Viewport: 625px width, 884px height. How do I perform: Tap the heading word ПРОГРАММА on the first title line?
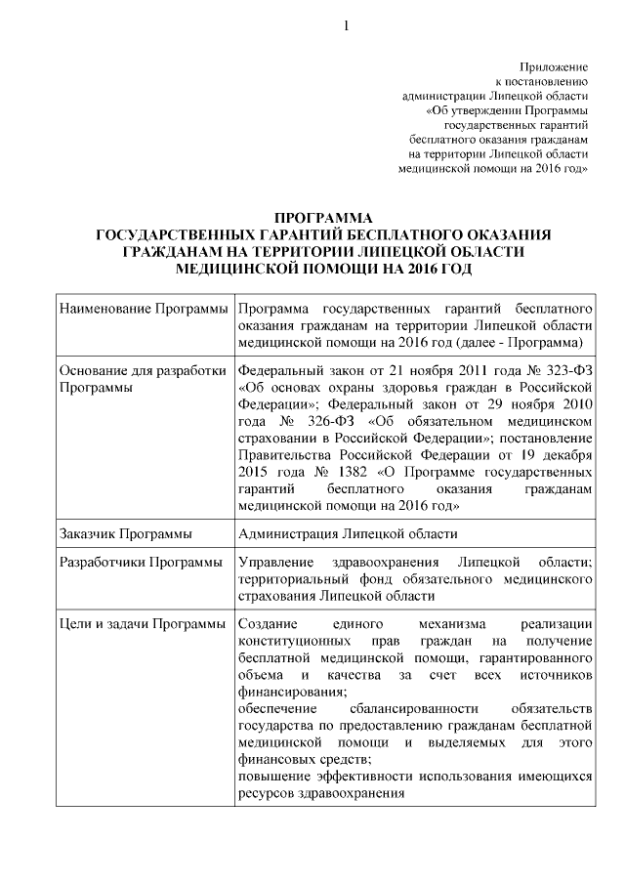pyautogui.click(x=323, y=219)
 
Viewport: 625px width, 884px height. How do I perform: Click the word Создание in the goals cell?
pyautogui.click(x=267, y=623)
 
